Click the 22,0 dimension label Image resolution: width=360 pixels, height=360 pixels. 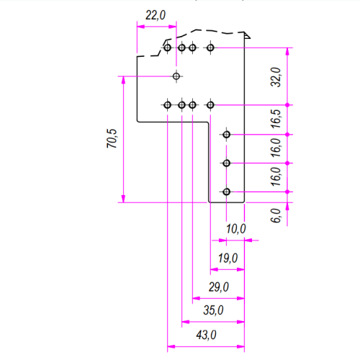tap(156, 15)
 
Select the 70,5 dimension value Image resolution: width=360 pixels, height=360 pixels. tap(112, 138)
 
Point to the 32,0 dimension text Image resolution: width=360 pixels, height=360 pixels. tap(276, 77)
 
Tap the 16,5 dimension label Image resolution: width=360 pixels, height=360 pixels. tap(276, 119)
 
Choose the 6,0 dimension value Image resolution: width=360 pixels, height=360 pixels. tap(276, 215)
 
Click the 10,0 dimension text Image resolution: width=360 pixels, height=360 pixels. tap(236, 229)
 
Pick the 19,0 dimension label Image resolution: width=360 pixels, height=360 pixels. tap(228, 258)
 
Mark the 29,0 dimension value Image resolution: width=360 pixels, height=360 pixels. tap(219, 287)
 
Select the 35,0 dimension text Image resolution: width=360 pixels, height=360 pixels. tap(213, 310)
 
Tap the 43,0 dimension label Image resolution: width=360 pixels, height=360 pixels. tap(206, 335)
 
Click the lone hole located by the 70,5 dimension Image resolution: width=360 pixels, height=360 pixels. tap(176, 76)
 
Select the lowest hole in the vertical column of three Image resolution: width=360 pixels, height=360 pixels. tap(226, 192)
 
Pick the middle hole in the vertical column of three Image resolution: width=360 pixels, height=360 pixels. tap(226, 163)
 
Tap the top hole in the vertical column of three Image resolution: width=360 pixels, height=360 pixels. tap(226, 135)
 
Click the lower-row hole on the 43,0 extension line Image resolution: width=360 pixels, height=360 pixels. tap(167, 105)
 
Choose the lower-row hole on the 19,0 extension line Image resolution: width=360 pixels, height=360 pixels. tap(210, 105)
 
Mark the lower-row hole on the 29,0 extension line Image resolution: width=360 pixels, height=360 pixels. tap(192, 105)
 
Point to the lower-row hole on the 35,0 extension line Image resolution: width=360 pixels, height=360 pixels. tap(181, 105)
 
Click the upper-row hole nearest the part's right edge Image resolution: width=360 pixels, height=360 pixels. tap(210, 48)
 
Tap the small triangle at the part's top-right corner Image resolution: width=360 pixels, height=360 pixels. tap(247, 36)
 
